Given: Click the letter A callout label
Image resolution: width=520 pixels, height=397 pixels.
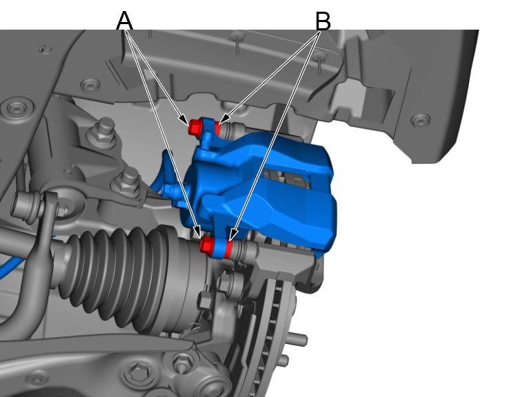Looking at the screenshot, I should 124,21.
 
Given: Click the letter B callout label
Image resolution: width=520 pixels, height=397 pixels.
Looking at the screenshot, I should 322,21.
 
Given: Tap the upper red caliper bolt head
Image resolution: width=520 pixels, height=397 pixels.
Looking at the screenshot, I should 195,127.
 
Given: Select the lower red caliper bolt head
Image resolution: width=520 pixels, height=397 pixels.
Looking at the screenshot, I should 206,245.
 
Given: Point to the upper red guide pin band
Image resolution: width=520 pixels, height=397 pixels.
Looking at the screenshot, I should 218,128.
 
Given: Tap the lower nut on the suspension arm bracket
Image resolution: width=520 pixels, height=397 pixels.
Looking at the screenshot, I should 126,181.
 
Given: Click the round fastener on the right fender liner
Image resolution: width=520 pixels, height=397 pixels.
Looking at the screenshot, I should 420,121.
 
